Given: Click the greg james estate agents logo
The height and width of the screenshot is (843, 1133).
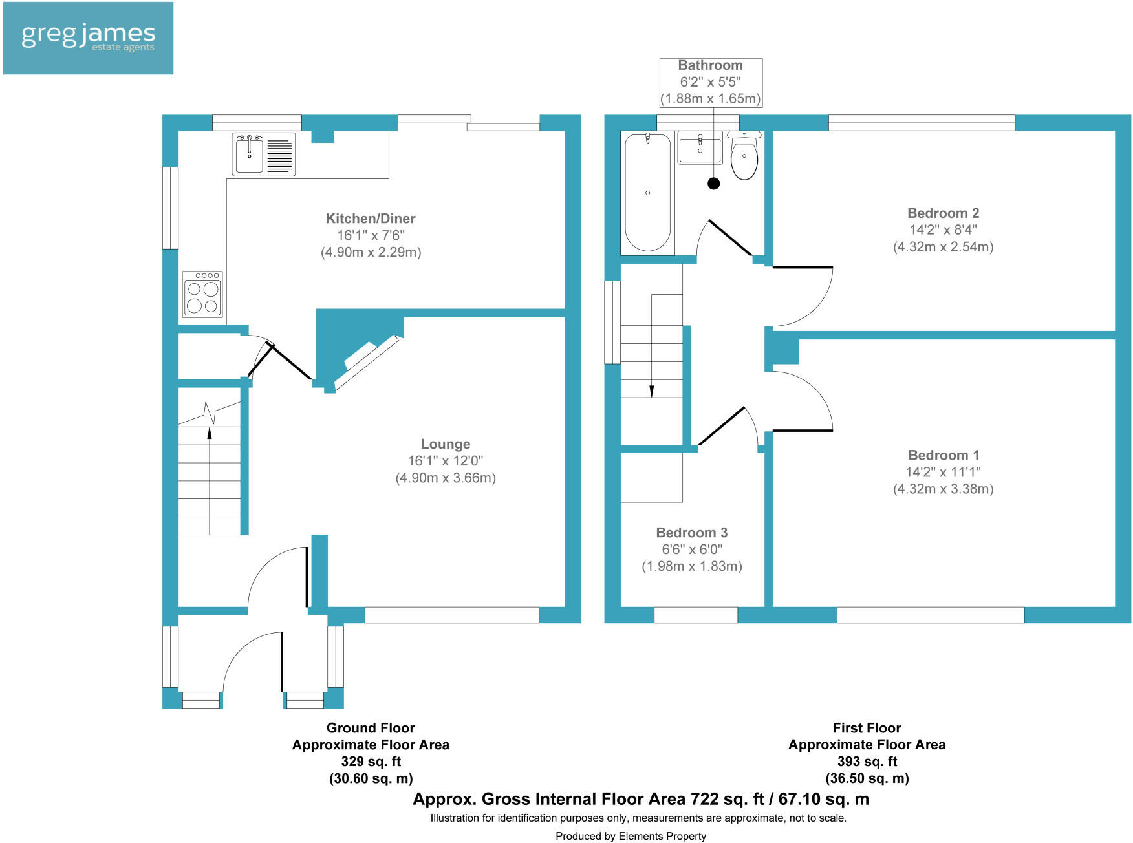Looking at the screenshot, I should (88, 38).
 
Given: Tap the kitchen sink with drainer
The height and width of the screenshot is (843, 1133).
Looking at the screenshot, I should (264, 155).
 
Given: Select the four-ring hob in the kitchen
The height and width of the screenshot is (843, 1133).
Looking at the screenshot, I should (202, 295).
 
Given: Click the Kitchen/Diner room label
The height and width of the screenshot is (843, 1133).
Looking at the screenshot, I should (371, 219).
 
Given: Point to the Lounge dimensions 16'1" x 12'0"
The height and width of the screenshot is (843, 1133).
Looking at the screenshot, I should (445, 461).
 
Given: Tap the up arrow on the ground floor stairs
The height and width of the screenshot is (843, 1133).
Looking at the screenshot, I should (210, 432).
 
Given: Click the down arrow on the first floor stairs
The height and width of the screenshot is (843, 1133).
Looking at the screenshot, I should (651, 390).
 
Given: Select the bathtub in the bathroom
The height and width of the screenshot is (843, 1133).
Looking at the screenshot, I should (647, 192).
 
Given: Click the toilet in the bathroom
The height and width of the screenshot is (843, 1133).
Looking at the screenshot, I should (744, 157).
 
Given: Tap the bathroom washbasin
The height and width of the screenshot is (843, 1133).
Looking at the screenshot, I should (700, 148).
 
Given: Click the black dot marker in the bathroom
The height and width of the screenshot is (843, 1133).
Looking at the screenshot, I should (714, 184).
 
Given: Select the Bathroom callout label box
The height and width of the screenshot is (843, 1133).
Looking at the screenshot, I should (711, 82).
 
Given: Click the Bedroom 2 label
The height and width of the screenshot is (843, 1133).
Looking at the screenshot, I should (943, 213).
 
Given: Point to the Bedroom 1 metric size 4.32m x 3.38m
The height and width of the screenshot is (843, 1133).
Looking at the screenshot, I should (943, 489).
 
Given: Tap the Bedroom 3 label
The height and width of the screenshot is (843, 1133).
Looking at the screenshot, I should (691, 533).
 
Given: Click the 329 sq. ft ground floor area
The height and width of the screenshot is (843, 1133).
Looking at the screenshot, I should (371, 762).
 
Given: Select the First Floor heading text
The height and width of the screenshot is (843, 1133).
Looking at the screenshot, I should (867, 728).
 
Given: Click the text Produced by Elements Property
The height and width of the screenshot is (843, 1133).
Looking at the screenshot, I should (631, 836).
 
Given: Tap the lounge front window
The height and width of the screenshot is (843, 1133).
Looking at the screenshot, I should (451, 615).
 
